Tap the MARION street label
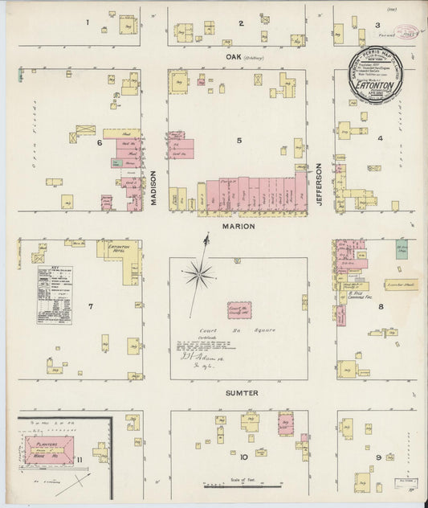coord(239,226)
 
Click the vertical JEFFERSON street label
coord(319,185)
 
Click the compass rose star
coord(198,276)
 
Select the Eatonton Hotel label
coord(120,249)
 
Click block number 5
coord(238,141)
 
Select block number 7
coord(91,306)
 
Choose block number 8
coord(380,306)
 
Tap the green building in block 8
coord(401,249)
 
